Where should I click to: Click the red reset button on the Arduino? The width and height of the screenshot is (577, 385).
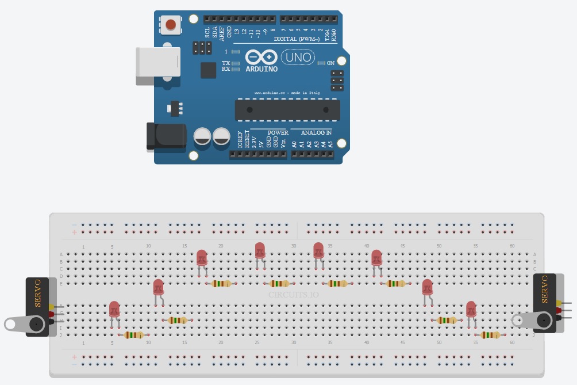click(x=171, y=24)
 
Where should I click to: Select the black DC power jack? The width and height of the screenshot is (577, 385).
click(x=166, y=136)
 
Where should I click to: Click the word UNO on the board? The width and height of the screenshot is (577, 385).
click(x=298, y=57)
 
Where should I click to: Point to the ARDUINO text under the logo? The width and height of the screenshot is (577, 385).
click(x=261, y=69)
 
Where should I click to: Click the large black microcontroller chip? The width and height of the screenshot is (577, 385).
click(x=287, y=110)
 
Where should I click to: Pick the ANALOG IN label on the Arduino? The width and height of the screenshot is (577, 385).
click(x=317, y=132)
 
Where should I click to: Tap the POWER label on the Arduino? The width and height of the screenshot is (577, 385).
click(x=278, y=132)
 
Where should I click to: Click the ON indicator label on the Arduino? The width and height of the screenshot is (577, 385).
click(x=331, y=63)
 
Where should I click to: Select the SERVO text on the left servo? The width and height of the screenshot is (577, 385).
click(x=37, y=293)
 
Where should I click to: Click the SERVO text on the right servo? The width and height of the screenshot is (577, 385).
click(x=545, y=289)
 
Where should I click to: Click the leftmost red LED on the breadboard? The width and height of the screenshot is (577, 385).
click(x=114, y=310)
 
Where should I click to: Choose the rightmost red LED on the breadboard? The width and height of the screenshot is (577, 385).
click(x=471, y=310)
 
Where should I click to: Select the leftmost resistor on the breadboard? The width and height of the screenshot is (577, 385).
click(x=134, y=335)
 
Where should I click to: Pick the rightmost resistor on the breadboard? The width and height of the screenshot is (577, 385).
click(x=490, y=335)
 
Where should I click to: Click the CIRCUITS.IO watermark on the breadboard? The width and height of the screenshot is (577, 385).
click(x=293, y=295)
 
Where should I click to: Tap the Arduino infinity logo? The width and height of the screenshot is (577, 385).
click(x=261, y=57)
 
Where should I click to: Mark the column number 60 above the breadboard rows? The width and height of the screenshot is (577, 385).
click(x=511, y=246)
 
